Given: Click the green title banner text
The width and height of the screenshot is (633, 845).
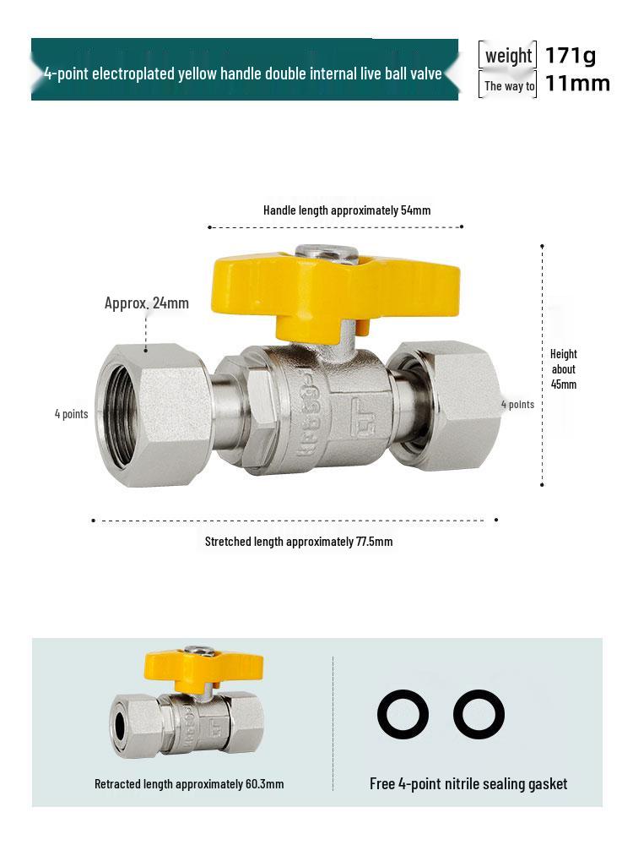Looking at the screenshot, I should coord(243,74).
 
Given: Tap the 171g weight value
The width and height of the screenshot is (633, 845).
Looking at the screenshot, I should coord(571,56).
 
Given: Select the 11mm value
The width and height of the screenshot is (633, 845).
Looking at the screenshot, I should coord(577,84).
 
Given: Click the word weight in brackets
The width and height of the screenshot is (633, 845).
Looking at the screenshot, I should coord(508,56).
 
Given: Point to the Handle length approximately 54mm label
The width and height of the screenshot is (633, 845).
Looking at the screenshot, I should coord(347,210).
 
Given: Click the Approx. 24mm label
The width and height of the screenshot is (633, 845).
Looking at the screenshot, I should coord(147,303).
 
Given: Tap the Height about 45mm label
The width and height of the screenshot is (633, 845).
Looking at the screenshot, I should coord(564,369).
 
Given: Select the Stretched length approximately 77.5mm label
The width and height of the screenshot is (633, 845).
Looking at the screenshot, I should coord(299,542).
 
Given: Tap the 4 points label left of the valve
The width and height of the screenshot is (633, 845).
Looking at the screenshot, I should coord(72,414).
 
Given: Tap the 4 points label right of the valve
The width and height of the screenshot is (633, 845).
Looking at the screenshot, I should coord(517,404).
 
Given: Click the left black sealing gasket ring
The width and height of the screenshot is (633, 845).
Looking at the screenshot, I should coord(403,715).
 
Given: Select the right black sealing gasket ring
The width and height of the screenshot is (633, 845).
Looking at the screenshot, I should coord(479,715).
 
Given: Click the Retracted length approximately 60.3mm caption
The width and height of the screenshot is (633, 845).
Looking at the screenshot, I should coord(189,784).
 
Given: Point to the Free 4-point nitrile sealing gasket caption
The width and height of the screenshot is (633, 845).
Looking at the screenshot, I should coord(468,784).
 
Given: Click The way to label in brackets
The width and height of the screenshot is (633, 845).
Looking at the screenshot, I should coord(509,86).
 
